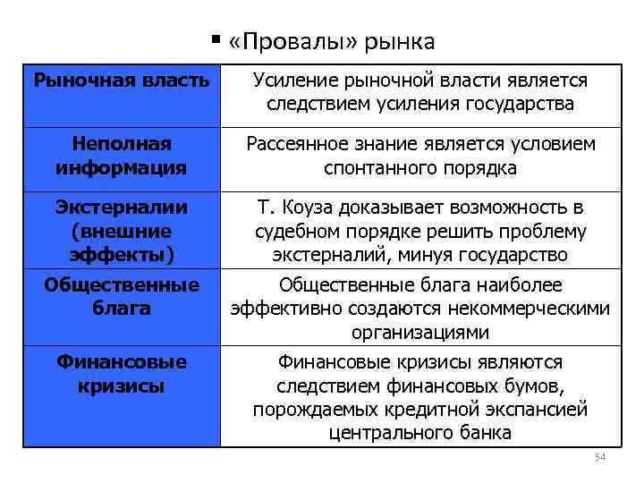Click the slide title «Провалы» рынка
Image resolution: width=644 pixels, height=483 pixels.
pyautogui.click(x=332, y=41)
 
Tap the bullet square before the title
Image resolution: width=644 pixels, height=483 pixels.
pyautogui.click(x=216, y=39)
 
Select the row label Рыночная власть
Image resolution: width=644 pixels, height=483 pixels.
pyautogui.click(x=122, y=80)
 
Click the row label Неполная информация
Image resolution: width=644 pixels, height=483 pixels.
pyautogui.click(x=122, y=155)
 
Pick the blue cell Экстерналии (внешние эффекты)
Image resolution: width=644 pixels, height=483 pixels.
pyautogui.click(x=122, y=230)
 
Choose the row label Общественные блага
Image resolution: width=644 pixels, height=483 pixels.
pyautogui.click(x=122, y=296)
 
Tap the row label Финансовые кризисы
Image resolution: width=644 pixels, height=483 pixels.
pyautogui.click(x=122, y=374)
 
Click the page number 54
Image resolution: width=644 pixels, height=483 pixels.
pyautogui.click(x=600, y=459)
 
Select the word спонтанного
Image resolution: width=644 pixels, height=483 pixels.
pyautogui.click(x=378, y=167)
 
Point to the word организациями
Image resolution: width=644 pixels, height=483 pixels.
pyautogui.click(x=420, y=332)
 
